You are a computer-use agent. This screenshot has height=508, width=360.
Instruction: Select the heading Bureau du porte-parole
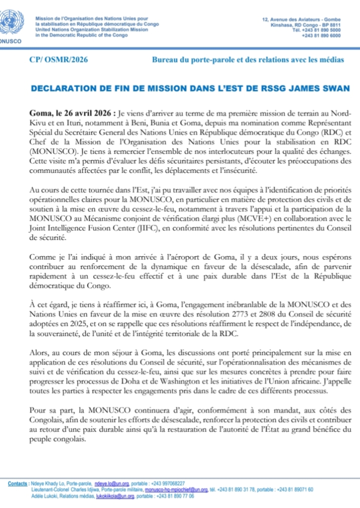248,60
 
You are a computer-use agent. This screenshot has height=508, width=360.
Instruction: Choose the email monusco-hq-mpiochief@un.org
176,489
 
